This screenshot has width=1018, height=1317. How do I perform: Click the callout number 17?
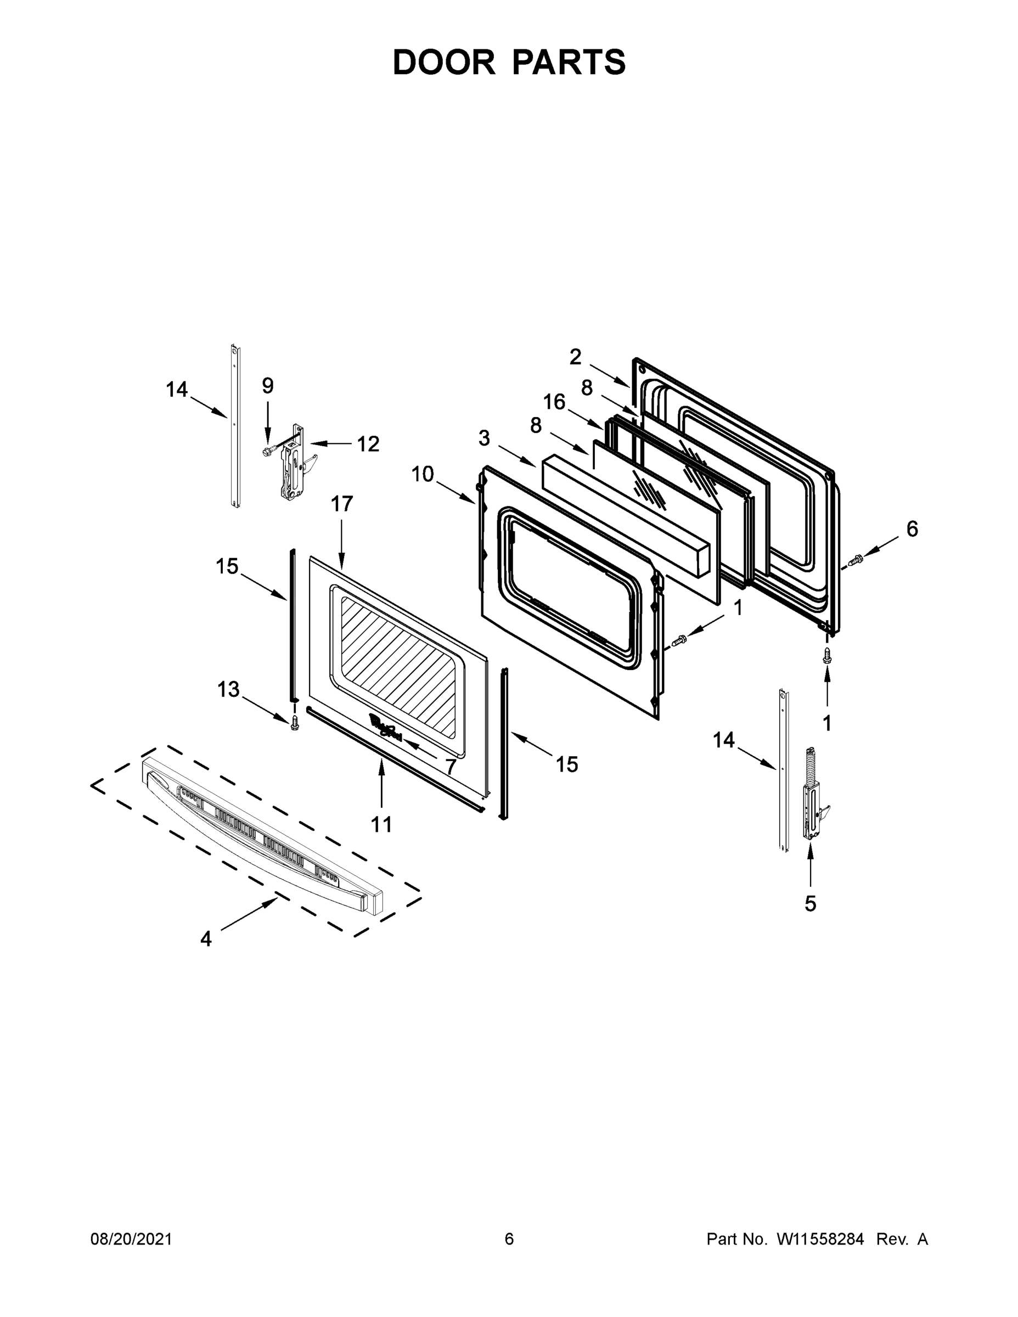[x=342, y=504]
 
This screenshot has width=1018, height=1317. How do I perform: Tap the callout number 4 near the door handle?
[x=206, y=939]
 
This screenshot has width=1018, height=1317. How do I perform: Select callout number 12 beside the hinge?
[x=368, y=444]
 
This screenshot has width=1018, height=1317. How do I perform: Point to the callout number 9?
[x=268, y=386]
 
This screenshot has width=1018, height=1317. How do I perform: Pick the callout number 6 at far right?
[x=912, y=529]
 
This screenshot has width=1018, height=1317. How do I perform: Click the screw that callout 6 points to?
[x=856, y=561]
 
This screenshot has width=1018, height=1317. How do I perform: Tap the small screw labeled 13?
[x=294, y=722]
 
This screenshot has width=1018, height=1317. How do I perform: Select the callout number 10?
[x=422, y=474]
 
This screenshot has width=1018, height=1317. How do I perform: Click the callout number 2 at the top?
[x=575, y=357]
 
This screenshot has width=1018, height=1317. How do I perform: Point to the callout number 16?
[x=554, y=402]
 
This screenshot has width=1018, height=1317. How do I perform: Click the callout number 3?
[x=484, y=438]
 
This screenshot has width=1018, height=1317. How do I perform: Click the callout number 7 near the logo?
[x=451, y=767]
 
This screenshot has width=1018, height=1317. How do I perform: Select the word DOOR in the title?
[x=444, y=62]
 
